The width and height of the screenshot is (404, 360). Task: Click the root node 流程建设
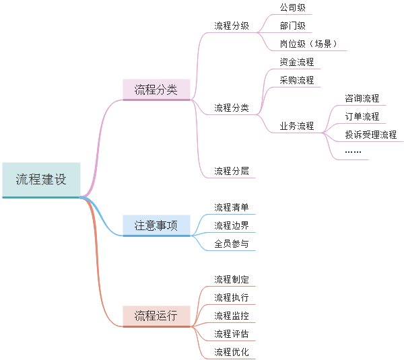pyautogui.click(x=41, y=180)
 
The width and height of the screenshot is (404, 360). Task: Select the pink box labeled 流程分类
pyautogui.click(x=156, y=89)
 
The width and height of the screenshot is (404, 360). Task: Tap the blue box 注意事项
pyautogui.click(x=156, y=225)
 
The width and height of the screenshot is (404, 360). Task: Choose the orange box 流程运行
pyautogui.click(x=156, y=316)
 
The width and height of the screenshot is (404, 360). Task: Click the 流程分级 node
pyautogui.click(x=232, y=26)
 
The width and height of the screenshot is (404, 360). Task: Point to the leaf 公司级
pyautogui.click(x=293, y=8)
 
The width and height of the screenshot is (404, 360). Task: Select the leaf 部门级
pyautogui.click(x=293, y=26)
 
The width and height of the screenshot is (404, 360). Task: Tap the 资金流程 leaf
pyautogui.click(x=297, y=62)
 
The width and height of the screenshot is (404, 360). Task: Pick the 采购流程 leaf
pyautogui.click(x=297, y=80)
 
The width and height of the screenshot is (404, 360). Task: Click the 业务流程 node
pyautogui.click(x=297, y=126)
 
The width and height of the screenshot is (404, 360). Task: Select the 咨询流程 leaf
pyautogui.click(x=362, y=98)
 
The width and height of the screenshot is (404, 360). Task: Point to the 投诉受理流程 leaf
pyautogui.click(x=371, y=135)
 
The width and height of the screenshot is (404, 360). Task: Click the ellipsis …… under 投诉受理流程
pyautogui.click(x=353, y=152)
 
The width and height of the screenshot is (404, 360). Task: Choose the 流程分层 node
pyautogui.click(x=232, y=171)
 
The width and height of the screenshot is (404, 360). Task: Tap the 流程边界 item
pyautogui.click(x=232, y=225)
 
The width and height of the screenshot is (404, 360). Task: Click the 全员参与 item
pyautogui.click(x=232, y=244)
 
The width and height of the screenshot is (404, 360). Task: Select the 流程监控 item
pyautogui.click(x=232, y=316)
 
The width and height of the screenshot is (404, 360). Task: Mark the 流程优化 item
pyautogui.click(x=232, y=352)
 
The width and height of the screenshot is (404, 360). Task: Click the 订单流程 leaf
pyautogui.click(x=362, y=116)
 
